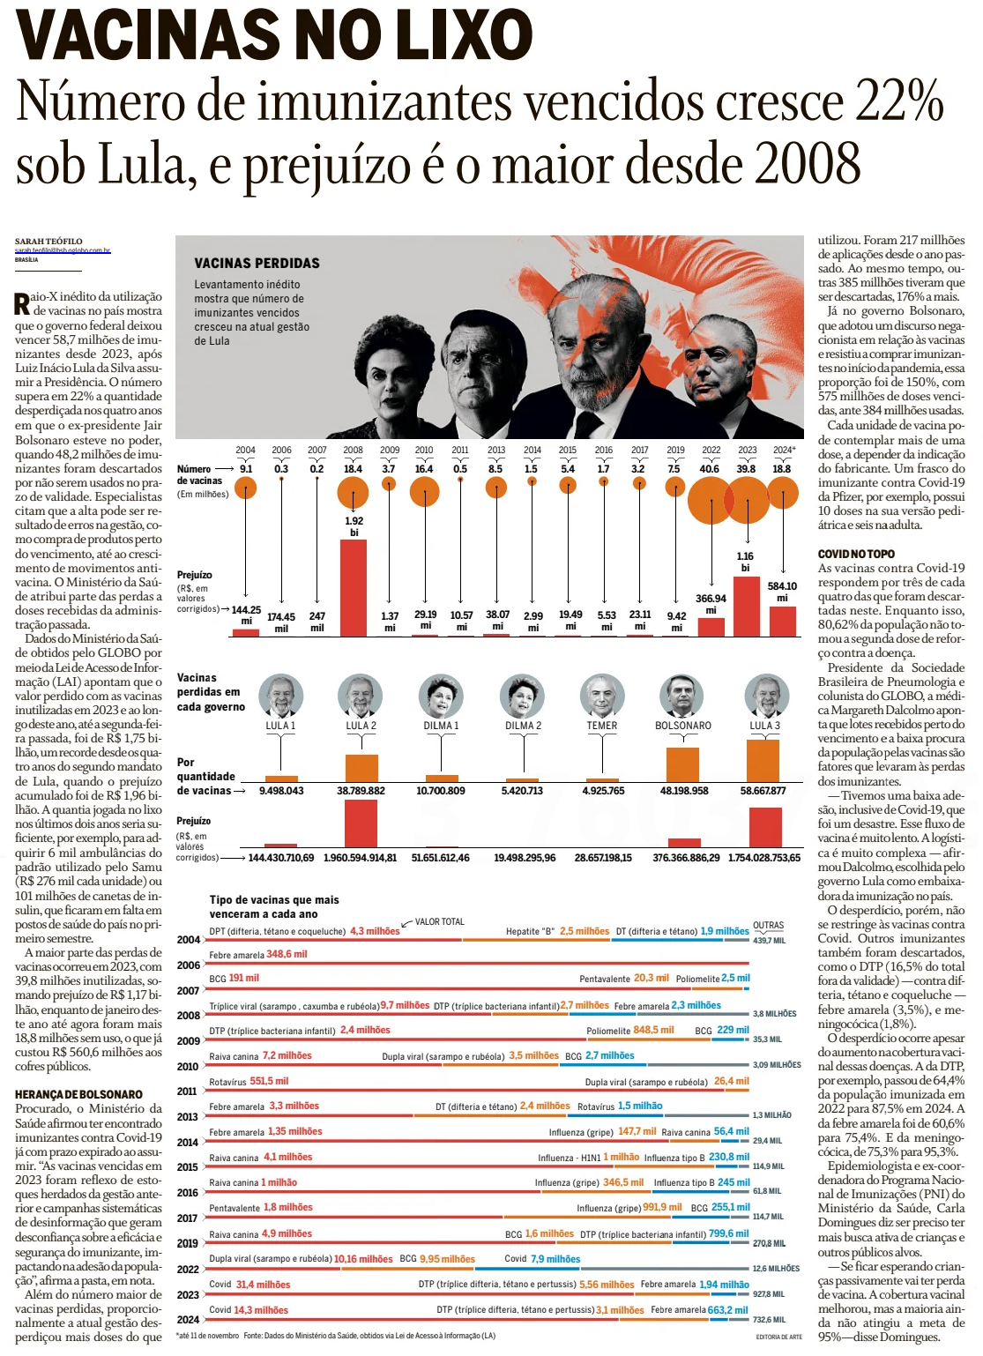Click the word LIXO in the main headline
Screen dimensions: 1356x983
[464, 35]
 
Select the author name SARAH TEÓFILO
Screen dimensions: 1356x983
[48, 241]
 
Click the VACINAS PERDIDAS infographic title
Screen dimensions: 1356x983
[257, 263]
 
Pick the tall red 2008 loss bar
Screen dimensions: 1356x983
[353, 587]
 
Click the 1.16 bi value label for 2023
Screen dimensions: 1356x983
[745, 562]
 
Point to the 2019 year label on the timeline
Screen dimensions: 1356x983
[675, 450]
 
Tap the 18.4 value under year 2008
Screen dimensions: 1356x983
[353, 469]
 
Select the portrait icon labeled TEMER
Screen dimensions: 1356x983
[602, 697]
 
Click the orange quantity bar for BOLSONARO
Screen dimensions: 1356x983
[682, 764]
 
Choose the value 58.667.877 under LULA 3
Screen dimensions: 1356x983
[763, 791]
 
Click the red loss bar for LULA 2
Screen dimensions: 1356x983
[361, 823]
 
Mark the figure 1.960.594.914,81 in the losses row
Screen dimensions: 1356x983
[360, 857]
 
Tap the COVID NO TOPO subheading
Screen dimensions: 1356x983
[856, 554]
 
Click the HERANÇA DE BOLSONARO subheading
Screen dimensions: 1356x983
[78, 1094]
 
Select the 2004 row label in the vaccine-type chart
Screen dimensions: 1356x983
[188, 940]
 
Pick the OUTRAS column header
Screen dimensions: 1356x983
[768, 926]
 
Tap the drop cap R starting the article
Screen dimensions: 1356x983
[22, 304]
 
